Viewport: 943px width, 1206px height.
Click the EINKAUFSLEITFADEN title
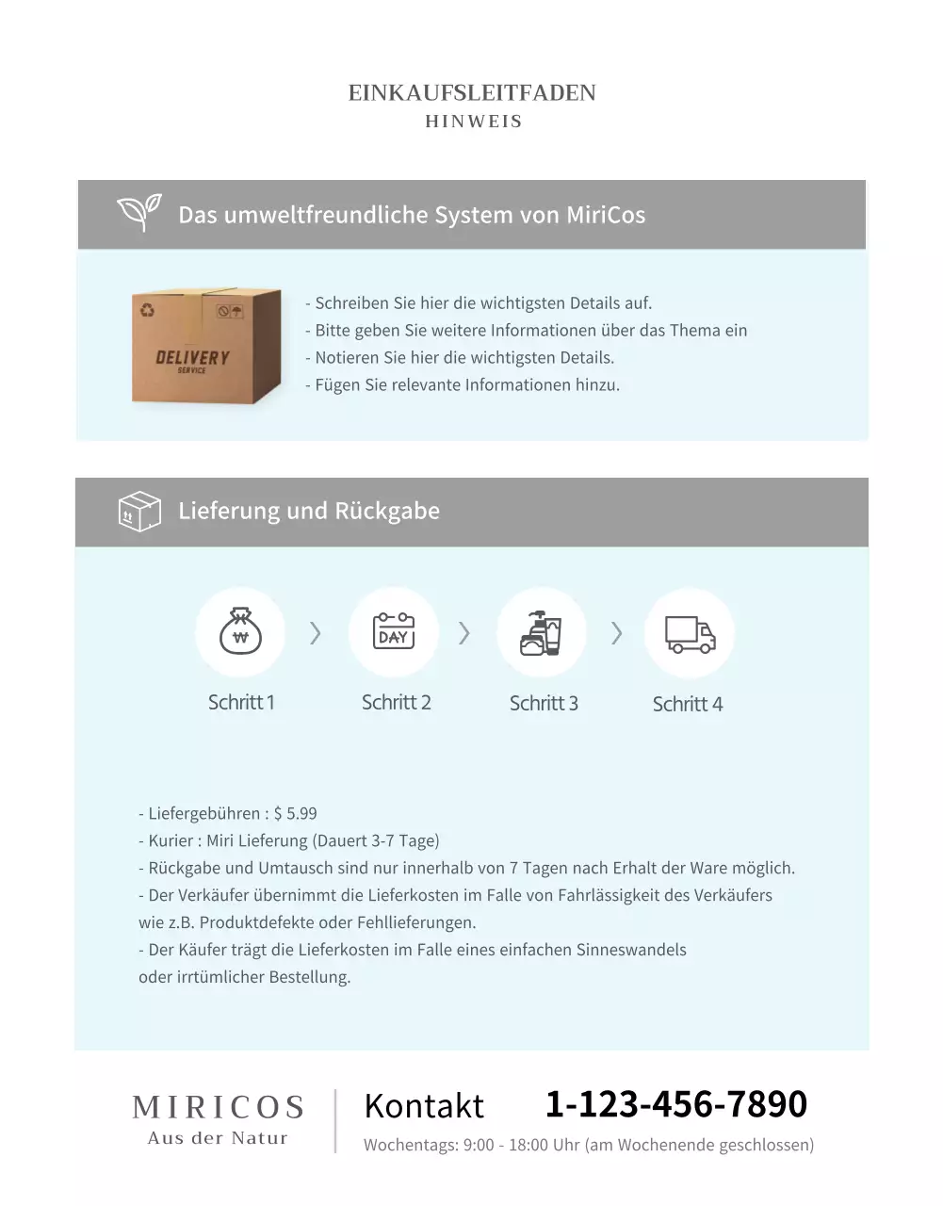point(472,93)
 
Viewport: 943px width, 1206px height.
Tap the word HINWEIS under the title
point(473,122)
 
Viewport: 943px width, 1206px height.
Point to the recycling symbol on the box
point(147,309)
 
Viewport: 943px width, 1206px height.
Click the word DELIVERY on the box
point(192,357)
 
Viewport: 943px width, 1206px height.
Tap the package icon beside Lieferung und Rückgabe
point(139,511)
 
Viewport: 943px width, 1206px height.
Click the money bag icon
point(240,631)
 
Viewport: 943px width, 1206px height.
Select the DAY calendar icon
point(394,631)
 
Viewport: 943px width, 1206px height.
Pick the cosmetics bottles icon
point(541,632)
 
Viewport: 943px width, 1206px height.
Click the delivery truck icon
point(690,634)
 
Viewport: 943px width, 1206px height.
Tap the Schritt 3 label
point(544,703)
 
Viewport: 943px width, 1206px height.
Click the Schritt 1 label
point(241,702)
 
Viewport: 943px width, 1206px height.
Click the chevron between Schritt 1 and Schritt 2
point(316,633)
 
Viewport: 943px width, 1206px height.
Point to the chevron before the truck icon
point(617,633)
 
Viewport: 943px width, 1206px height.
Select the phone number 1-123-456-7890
point(675,1103)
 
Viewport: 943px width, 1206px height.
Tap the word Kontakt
point(424,1105)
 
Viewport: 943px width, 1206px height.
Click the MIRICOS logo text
point(219,1107)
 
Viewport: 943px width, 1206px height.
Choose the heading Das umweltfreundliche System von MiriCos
point(412,215)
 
